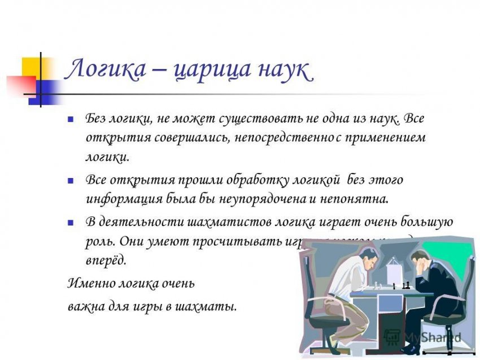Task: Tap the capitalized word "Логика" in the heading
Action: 106,72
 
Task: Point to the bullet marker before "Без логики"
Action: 71,120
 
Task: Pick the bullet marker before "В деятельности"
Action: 71,222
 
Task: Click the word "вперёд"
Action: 104,259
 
